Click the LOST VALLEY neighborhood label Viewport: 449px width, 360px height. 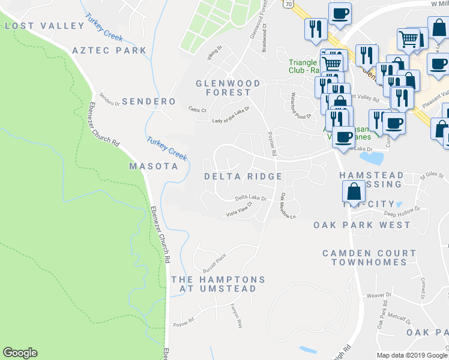44,26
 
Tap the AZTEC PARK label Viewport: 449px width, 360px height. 109,50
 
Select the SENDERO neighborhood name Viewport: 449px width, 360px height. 148,101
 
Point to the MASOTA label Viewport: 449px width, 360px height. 154,166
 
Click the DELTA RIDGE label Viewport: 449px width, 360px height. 243,176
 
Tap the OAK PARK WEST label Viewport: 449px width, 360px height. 362,225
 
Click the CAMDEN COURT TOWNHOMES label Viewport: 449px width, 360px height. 369,258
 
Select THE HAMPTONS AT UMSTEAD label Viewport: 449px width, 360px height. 218,284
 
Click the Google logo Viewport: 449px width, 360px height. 20,353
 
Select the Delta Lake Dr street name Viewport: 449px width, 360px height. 250,197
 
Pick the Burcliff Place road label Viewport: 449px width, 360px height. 214,260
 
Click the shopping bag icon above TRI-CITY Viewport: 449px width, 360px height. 354,191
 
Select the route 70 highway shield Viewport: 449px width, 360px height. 288,3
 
